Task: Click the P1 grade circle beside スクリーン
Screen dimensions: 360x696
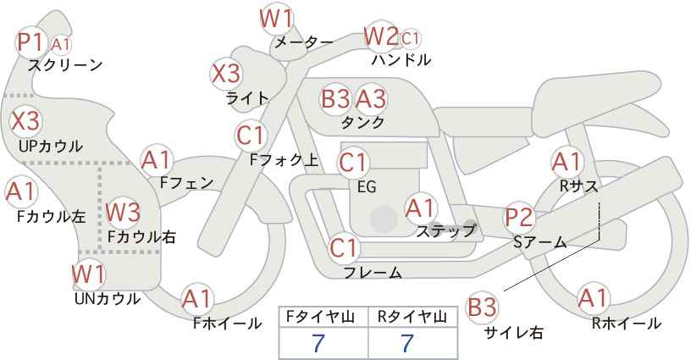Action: click(x=31, y=42)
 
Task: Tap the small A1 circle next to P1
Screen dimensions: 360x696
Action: click(x=61, y=43)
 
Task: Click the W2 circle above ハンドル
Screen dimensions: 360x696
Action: click(x=380, y=36)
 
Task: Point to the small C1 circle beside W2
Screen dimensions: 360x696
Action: click(x=411, y=38)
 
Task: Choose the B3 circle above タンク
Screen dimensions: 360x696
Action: click(x=336, y=98)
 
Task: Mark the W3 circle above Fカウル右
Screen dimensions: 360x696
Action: click(x=123, y=211)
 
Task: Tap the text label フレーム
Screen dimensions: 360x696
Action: click(x=372, y=273)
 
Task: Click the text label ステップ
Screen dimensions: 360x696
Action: click(x=445, y=230)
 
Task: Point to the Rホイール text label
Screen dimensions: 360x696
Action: click(x=627, y=324)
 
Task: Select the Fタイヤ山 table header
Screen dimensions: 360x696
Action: click(x=323, y=316)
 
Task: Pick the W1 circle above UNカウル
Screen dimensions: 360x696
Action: click(x=88, y=274)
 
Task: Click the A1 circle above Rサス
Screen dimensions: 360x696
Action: click(x=566, y=160)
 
